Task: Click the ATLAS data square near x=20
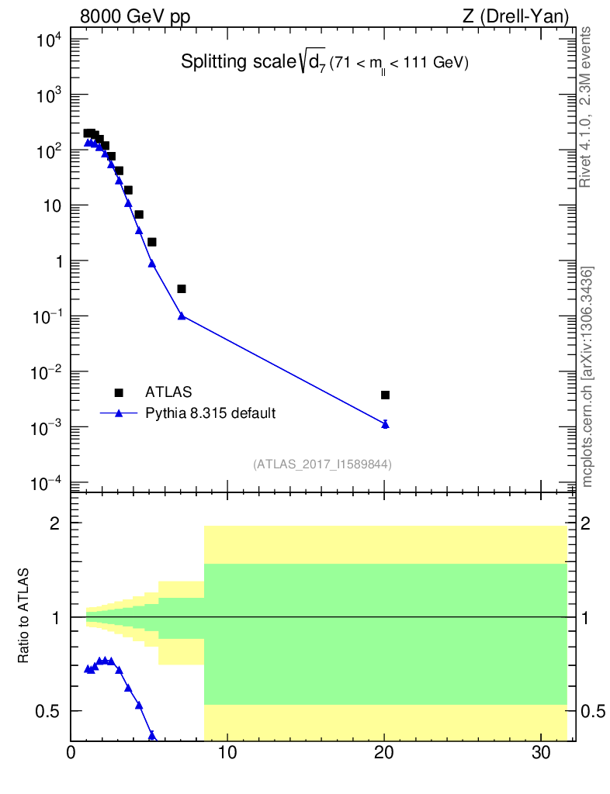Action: pos(385,395)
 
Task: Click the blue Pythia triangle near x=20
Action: pos(385,424)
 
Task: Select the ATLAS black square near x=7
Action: pos(182,288)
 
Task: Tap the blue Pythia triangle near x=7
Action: pos(182,316)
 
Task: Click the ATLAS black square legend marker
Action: pos(119,392)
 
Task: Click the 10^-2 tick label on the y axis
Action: pos(47,372)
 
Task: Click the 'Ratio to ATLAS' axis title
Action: pos(26,616)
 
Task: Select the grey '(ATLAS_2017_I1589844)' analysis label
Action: pos(322,464)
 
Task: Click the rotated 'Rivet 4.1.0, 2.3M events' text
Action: pos(587,107)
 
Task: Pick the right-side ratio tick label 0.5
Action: pos(593,711)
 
